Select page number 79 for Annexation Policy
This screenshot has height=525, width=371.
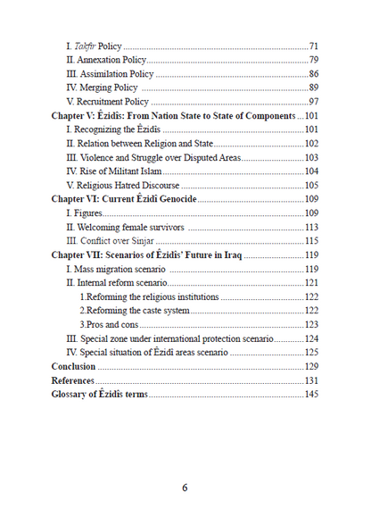(314, 59)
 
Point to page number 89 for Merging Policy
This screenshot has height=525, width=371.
(314, 87)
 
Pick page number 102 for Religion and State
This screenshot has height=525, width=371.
(311, 144)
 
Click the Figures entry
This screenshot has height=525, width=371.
(87, 213)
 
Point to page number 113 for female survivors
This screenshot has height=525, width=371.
(311, 227)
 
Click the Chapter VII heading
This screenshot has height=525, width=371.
(146, 255)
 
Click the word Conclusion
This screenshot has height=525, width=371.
(73, 366)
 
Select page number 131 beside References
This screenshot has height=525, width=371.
(311, 380)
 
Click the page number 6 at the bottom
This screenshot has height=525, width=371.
(185, 487)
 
